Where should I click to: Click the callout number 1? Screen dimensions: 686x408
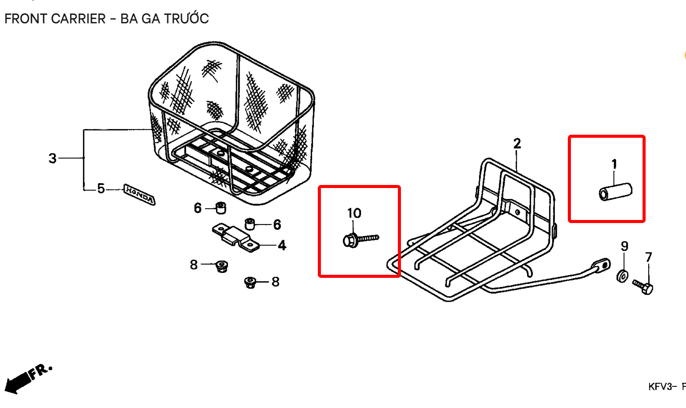[x=614, y=164]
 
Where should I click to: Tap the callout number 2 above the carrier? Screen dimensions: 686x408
[x=517, y=144]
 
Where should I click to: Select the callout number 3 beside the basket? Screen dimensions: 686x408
[x=53, y=158]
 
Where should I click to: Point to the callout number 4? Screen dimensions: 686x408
[x=282, y=245]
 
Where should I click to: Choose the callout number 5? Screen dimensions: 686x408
[x=101, y=188]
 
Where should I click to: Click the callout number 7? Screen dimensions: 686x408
[x=649, y=257]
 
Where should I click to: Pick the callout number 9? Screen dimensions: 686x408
[x=624, y=246]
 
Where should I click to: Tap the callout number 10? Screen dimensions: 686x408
[x=354, y=213]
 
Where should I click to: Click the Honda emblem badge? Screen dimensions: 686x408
[x=139, y=194]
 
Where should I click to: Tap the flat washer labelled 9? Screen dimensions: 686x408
[x=622, y=276]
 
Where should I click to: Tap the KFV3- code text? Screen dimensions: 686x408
[x=662, y=387]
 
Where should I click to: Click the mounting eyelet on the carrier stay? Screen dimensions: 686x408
[x=601, y=265]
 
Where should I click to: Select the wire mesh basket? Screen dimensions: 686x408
[x=231, y=123]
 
